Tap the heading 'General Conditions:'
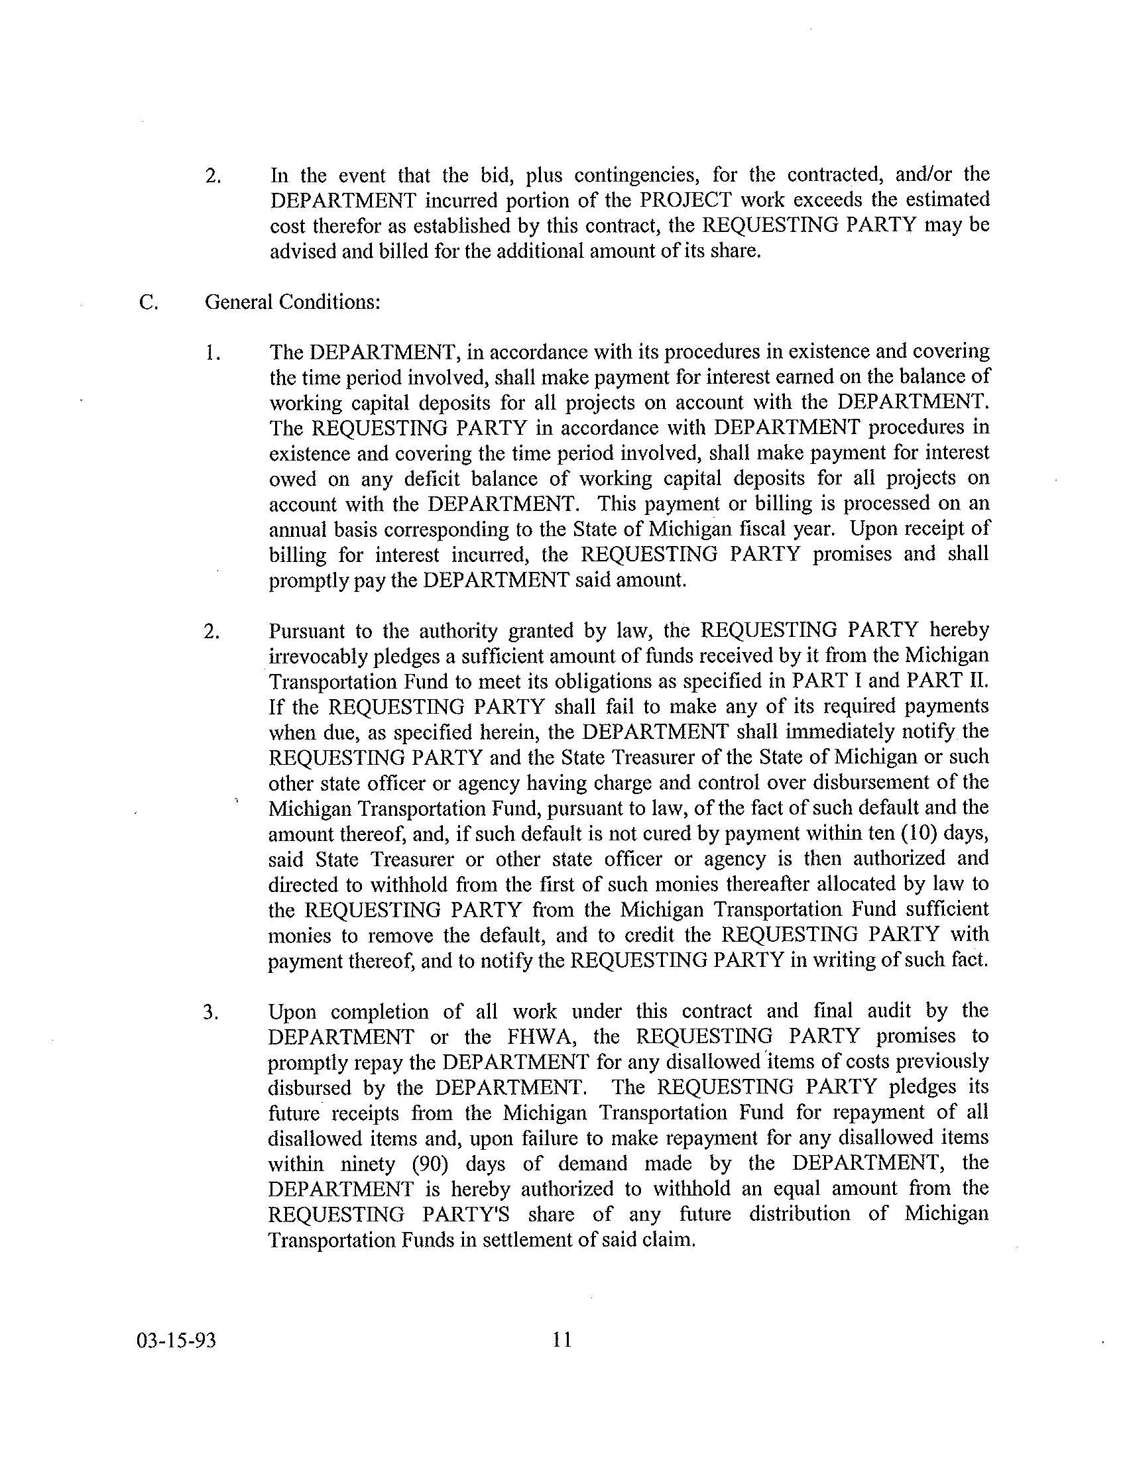coord(292,302)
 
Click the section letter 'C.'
coord(148,302)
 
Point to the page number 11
coord(562,1339)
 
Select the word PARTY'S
coord(465,1213)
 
